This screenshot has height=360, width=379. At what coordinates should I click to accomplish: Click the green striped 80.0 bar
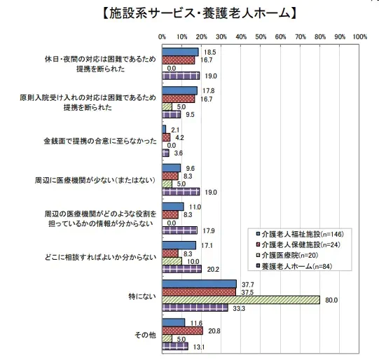click(241, 300)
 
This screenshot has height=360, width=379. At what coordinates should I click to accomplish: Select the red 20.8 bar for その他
click(182, 331)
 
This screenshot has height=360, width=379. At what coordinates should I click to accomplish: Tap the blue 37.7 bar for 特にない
click(200, 284)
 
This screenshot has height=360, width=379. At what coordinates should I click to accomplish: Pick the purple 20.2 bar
click(181, 269)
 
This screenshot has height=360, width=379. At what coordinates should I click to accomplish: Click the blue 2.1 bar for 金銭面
click(164, 130)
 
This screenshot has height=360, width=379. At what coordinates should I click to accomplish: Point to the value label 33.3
click(239, 309)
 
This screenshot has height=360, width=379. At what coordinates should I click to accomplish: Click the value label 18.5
click(209, 53)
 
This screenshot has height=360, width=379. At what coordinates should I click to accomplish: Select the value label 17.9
click(209, 231)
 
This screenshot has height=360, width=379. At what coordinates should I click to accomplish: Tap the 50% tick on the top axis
click(261, 37)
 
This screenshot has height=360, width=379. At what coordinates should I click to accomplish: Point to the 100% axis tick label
click(359, 37)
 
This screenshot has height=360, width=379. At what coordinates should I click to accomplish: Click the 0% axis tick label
click(163, 37)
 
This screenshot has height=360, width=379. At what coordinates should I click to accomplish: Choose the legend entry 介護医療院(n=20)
click(290, 256)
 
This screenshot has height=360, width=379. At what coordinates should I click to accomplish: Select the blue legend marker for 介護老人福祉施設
click(258, 234)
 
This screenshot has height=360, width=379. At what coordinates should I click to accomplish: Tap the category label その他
click(145, 335)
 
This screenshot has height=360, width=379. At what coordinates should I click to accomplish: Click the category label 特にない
click(142, 296)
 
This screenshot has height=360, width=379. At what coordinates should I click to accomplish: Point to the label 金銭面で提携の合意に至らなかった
click(100, 141)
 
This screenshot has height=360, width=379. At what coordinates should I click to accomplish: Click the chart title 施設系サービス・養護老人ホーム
click(200, 13)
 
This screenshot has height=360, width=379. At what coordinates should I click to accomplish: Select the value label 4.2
click(179, 138)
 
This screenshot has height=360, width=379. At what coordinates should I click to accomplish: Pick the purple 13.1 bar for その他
click(175, 346)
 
